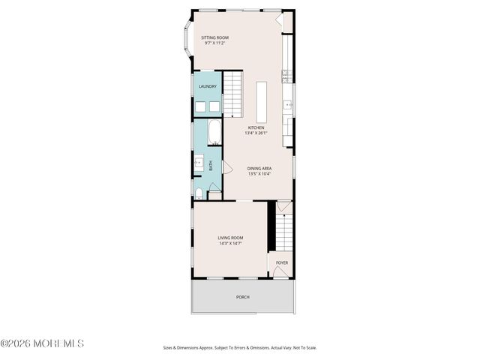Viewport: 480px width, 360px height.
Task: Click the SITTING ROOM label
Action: [214, 37]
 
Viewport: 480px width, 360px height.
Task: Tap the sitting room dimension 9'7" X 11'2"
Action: [214, 43]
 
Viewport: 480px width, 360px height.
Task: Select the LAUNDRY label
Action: [208, 86]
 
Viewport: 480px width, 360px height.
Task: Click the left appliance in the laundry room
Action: [201, 106]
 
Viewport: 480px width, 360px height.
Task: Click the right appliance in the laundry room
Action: [214, 106]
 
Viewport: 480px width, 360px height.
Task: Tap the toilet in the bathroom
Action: [198, 194]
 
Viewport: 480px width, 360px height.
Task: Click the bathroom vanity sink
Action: [199, 160]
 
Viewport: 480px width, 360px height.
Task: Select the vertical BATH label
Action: [211, 164]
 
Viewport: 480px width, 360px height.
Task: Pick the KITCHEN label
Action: [257, 127]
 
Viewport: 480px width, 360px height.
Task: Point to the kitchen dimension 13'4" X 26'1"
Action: [257, 133]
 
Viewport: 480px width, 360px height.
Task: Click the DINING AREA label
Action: [259, 169]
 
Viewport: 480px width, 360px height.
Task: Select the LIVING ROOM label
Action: [231, 238]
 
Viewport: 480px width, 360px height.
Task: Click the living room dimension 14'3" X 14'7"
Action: [231, 244]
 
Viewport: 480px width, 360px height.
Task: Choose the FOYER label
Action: [281, 262]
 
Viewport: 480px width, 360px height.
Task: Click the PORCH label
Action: [242, 297]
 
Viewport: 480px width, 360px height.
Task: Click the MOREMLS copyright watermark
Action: [43, 343]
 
